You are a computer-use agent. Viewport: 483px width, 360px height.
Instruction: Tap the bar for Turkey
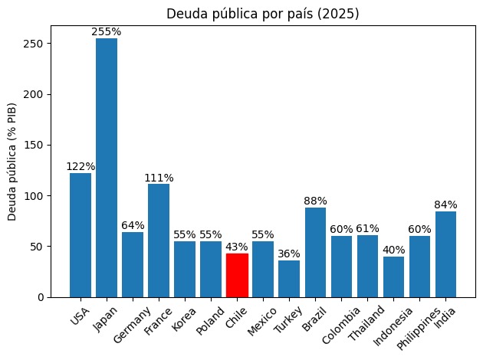point(289,279)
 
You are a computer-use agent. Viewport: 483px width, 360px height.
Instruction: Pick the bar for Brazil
point(315,252)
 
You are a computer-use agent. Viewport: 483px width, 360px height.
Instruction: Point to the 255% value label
point(107,32)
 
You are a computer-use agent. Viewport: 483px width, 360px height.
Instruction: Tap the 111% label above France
point(159,178)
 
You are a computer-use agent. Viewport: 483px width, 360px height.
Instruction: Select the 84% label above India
point(445,205)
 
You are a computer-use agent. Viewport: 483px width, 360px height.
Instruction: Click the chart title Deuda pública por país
point(263,13)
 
